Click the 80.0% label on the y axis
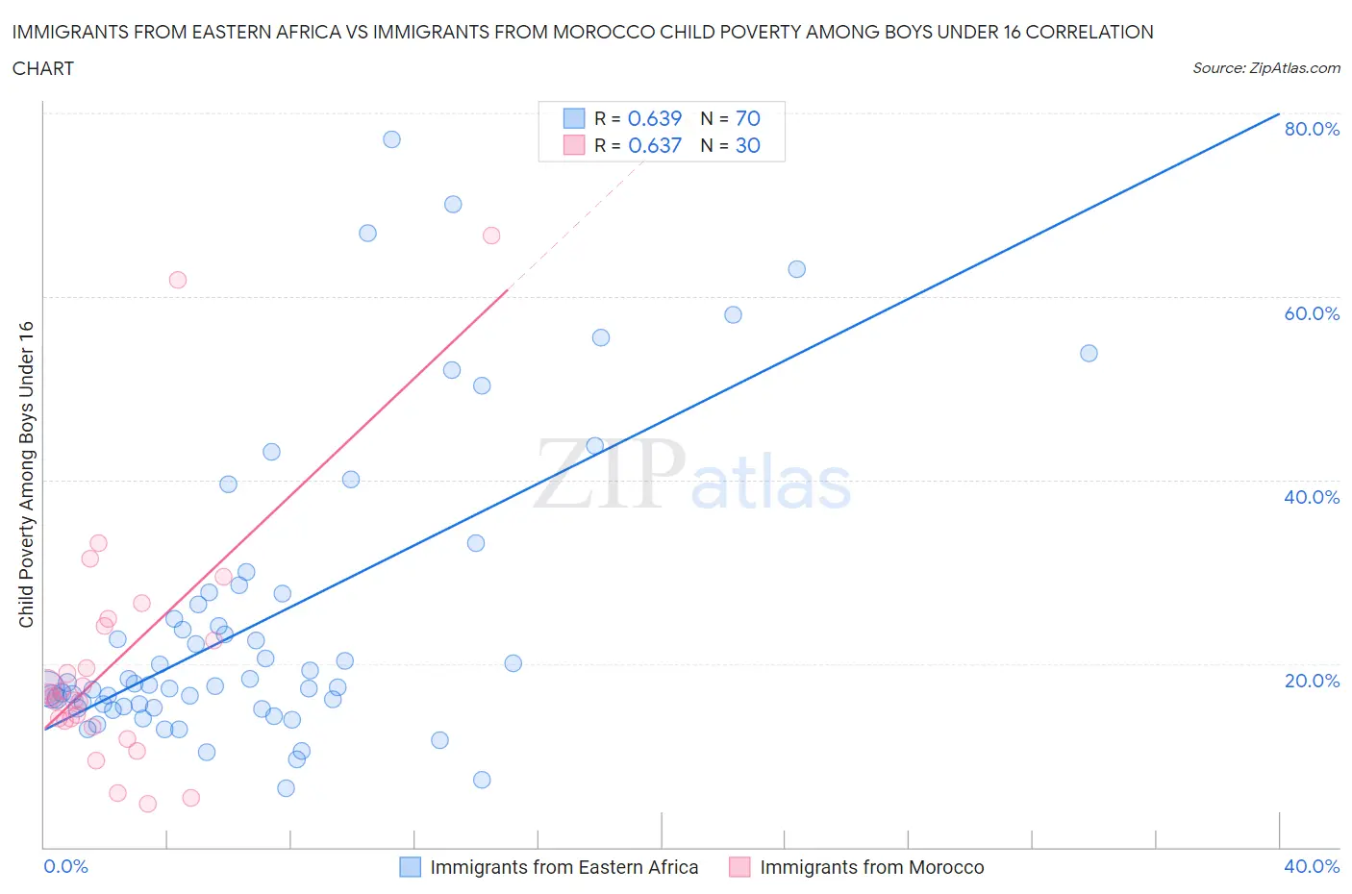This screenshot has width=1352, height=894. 1312,129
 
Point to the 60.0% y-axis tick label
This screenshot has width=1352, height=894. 1312,313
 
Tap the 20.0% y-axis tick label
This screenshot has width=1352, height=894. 1312,681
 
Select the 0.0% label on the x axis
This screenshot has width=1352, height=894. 65,866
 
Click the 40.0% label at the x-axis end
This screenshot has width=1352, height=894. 1312,866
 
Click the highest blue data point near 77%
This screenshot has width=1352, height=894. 391,139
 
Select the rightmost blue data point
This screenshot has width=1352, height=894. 1089,353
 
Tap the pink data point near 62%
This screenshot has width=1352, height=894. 177,280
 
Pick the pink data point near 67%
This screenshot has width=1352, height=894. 491,236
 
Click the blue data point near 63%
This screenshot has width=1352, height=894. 796,269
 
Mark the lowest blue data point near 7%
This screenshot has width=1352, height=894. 482,780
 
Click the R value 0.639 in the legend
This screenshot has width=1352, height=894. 654,118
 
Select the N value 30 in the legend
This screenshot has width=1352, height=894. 747,145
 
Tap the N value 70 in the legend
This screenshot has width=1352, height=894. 747,118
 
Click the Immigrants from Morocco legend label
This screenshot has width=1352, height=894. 871,867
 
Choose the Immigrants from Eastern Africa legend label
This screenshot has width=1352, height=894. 563,867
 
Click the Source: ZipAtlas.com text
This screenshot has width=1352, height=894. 1265,68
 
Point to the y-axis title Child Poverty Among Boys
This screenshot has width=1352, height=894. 26,474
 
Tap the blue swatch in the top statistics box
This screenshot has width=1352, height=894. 573,118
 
